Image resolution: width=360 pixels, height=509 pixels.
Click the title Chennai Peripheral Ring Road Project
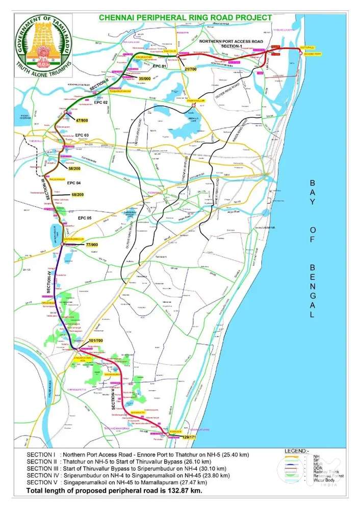(185, 17)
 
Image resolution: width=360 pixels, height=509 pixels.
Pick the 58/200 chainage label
(75, 168)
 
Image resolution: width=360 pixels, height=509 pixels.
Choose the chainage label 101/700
(96, 340)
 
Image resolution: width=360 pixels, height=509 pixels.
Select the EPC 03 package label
(82, 135)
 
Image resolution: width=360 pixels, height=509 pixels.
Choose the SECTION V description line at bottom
(117, 482)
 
